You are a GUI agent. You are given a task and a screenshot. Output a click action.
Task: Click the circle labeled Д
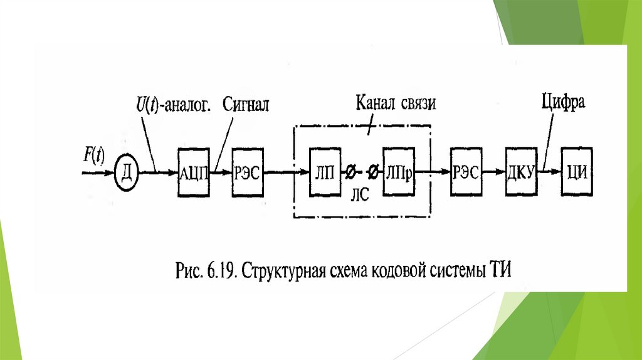[x=125, y=170]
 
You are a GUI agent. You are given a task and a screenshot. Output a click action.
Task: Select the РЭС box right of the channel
[x=465, y=169]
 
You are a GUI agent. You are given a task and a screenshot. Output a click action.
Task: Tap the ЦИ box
[x=576, y=169]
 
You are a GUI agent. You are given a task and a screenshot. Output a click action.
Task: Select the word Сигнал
[x=246, y=104]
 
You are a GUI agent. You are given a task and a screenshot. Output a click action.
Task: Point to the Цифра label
[x=563, y=102]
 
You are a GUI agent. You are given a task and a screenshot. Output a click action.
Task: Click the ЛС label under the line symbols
[x=359, y=194]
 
